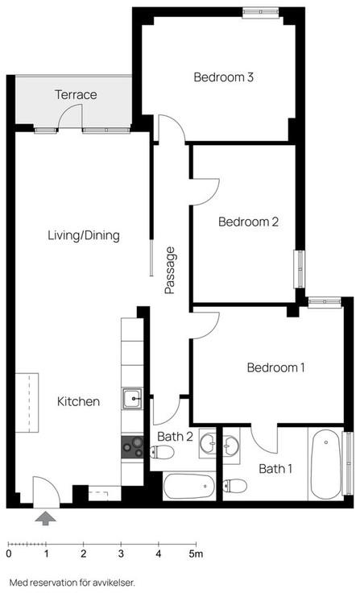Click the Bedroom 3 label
223,77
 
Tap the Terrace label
76,94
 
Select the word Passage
170,271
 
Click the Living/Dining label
84,235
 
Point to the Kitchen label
78,401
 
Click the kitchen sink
132,398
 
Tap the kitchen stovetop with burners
132,446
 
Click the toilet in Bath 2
161,451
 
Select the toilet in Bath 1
234,485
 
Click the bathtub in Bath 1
325,464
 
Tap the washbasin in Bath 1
230,443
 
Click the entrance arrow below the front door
46,518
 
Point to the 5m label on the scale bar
196,554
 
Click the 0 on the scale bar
9,554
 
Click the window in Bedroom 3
261,12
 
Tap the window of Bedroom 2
300,269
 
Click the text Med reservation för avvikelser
72,583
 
